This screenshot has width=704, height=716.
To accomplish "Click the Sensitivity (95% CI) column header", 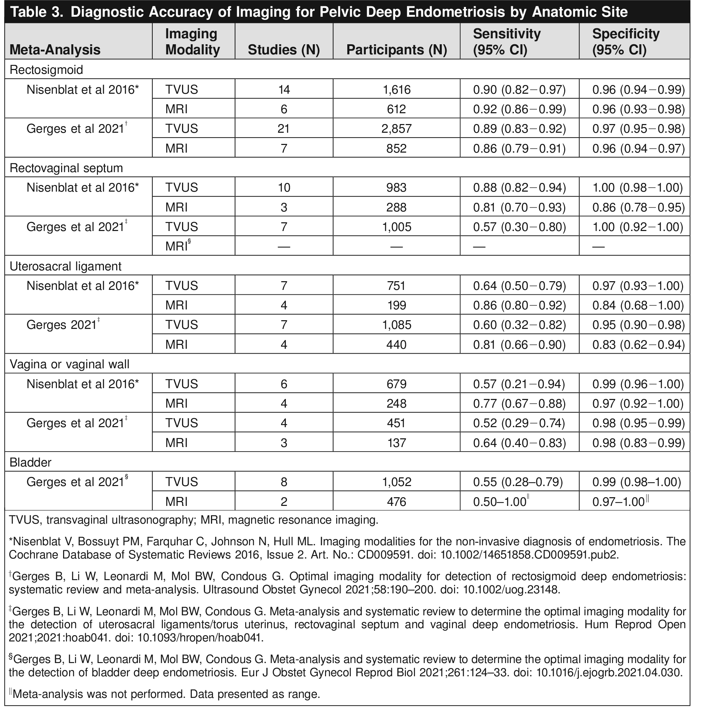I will click(x=507, y=41).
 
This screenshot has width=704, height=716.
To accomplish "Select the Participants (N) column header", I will click(x=396, y=49).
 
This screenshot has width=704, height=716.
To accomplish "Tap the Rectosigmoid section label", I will click(x=46, y=69).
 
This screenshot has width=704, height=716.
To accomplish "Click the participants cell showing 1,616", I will click(x=396, y=90).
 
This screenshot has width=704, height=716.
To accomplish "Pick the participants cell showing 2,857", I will click(x=396, y=129).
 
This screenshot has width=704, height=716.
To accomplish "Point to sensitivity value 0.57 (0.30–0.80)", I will click(x=519, y=226).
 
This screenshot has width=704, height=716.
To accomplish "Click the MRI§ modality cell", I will click(x=178, y=246).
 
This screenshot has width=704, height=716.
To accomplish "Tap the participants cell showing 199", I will click(x=396, y=305).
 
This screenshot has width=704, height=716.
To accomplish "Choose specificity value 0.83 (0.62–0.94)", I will click(x=638, y=344).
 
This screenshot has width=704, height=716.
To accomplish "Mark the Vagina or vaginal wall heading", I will click(x=69, y=364).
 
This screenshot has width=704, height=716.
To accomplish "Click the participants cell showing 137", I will click(x=396, y=442).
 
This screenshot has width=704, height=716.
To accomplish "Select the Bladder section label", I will click(x=30, y=462).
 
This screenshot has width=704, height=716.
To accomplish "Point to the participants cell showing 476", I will click(x=396, y=502).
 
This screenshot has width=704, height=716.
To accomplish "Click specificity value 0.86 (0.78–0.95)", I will click(x=638, y=207).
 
